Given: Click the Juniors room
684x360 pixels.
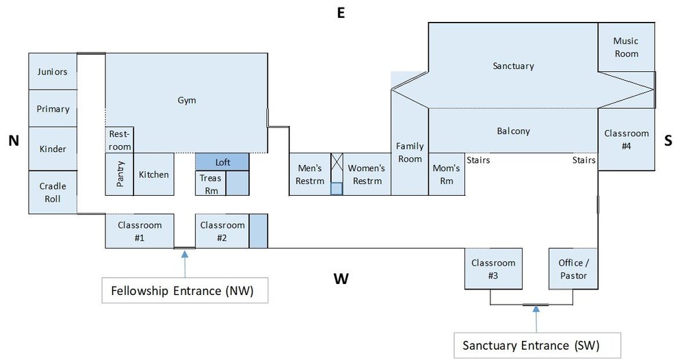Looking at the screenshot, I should (x=53, y=71).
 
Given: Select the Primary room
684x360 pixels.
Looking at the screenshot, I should (x=53, y=109).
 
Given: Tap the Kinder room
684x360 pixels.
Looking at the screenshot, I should (x=53, y=149).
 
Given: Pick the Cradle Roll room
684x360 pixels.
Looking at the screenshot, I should (x=53, y=192).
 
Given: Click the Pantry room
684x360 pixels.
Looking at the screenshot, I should (x=118, y=175).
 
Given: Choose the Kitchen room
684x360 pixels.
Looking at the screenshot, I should (x=153, y=175).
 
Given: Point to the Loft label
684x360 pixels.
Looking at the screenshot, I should (x=222, y=162).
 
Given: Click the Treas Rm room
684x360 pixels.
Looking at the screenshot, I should (x=211, y=183).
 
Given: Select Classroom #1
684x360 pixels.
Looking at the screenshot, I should (x=140, y=231).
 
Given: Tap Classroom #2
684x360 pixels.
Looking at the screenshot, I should (x=222, y=231).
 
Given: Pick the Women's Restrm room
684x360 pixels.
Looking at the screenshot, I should (x=366, y=175).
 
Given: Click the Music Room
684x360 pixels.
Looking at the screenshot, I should (x=626, y=47).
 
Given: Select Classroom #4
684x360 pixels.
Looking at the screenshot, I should (x=626, y=139).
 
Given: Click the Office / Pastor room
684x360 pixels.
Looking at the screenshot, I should (x=573, y=269).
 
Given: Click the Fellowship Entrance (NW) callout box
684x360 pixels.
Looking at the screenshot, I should (x=185, y=290).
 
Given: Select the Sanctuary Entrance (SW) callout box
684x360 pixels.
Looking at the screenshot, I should (x=538, y=344).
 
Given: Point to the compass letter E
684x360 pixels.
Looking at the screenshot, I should (x=340, y=12).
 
